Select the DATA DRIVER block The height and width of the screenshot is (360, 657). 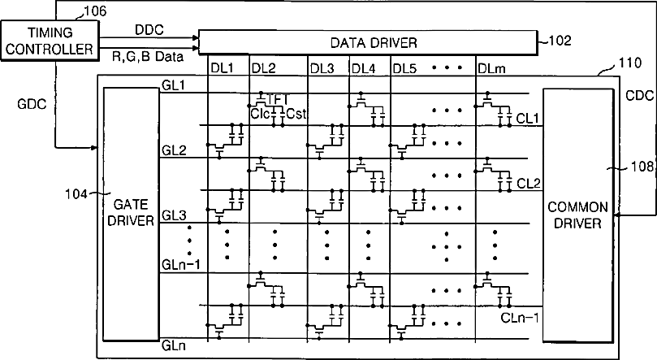367,41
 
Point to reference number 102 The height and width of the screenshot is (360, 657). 560,40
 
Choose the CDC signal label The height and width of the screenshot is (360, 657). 640,95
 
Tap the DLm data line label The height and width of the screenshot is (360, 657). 490,67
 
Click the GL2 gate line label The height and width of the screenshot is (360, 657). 173,151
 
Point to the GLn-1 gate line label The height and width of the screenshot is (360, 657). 179,264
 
